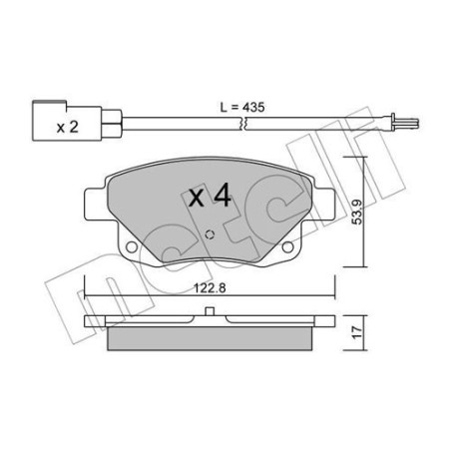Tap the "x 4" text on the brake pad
pos(210,196)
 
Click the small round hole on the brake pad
pos(211,236)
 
